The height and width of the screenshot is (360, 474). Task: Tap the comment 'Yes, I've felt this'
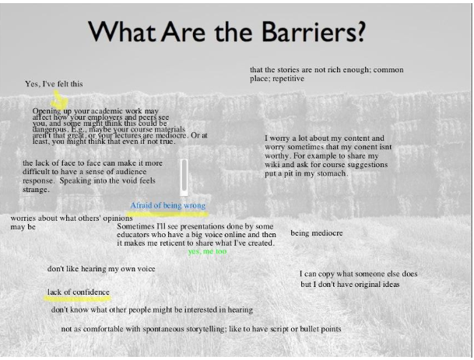tap(54, 84)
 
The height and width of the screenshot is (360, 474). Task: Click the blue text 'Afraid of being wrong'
tap(167, 205)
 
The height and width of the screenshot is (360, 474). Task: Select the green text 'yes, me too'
tap(207, 252)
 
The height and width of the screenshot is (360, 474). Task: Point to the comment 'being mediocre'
tap(316, 232)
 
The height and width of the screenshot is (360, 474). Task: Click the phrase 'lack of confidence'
tap(79, 292)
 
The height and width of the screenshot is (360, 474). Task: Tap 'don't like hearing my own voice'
tap(101, 269)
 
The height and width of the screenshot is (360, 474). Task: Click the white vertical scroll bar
tap(184, 177)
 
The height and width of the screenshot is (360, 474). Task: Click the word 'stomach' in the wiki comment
tap(329, 173)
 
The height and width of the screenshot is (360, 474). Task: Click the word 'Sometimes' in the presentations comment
tap(136, 226)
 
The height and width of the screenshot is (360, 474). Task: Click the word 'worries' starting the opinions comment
tap(25, 218)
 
